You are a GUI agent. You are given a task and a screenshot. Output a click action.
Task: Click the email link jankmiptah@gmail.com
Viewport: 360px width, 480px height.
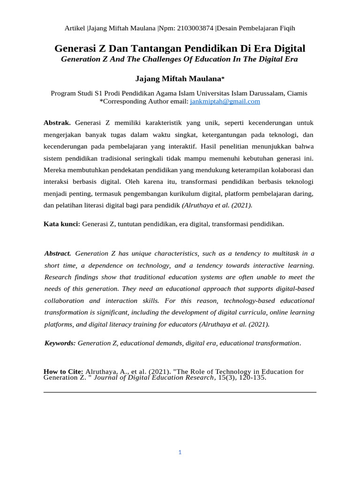click(x=225, y=101)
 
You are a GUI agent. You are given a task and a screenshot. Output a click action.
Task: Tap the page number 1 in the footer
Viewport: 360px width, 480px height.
click(x=180, y=452)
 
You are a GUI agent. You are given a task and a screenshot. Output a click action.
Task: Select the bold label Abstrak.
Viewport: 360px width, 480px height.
click(x=57, y=123)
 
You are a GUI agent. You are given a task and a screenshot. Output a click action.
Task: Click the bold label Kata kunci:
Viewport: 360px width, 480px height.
click(x=62, y=224)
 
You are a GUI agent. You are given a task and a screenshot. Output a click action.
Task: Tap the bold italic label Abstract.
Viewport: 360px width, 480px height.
click(x=58, y=254)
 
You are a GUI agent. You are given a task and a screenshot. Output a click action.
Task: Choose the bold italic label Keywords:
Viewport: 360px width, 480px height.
click(x=60, y=343)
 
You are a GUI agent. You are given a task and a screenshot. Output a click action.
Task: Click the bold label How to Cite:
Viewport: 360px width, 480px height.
click(x=63, y=372)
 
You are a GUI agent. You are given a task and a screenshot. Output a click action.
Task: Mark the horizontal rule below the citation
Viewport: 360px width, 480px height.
click(x=180, y=392)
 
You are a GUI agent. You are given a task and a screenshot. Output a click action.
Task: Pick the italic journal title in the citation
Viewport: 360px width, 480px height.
click(x=154, y=377)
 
